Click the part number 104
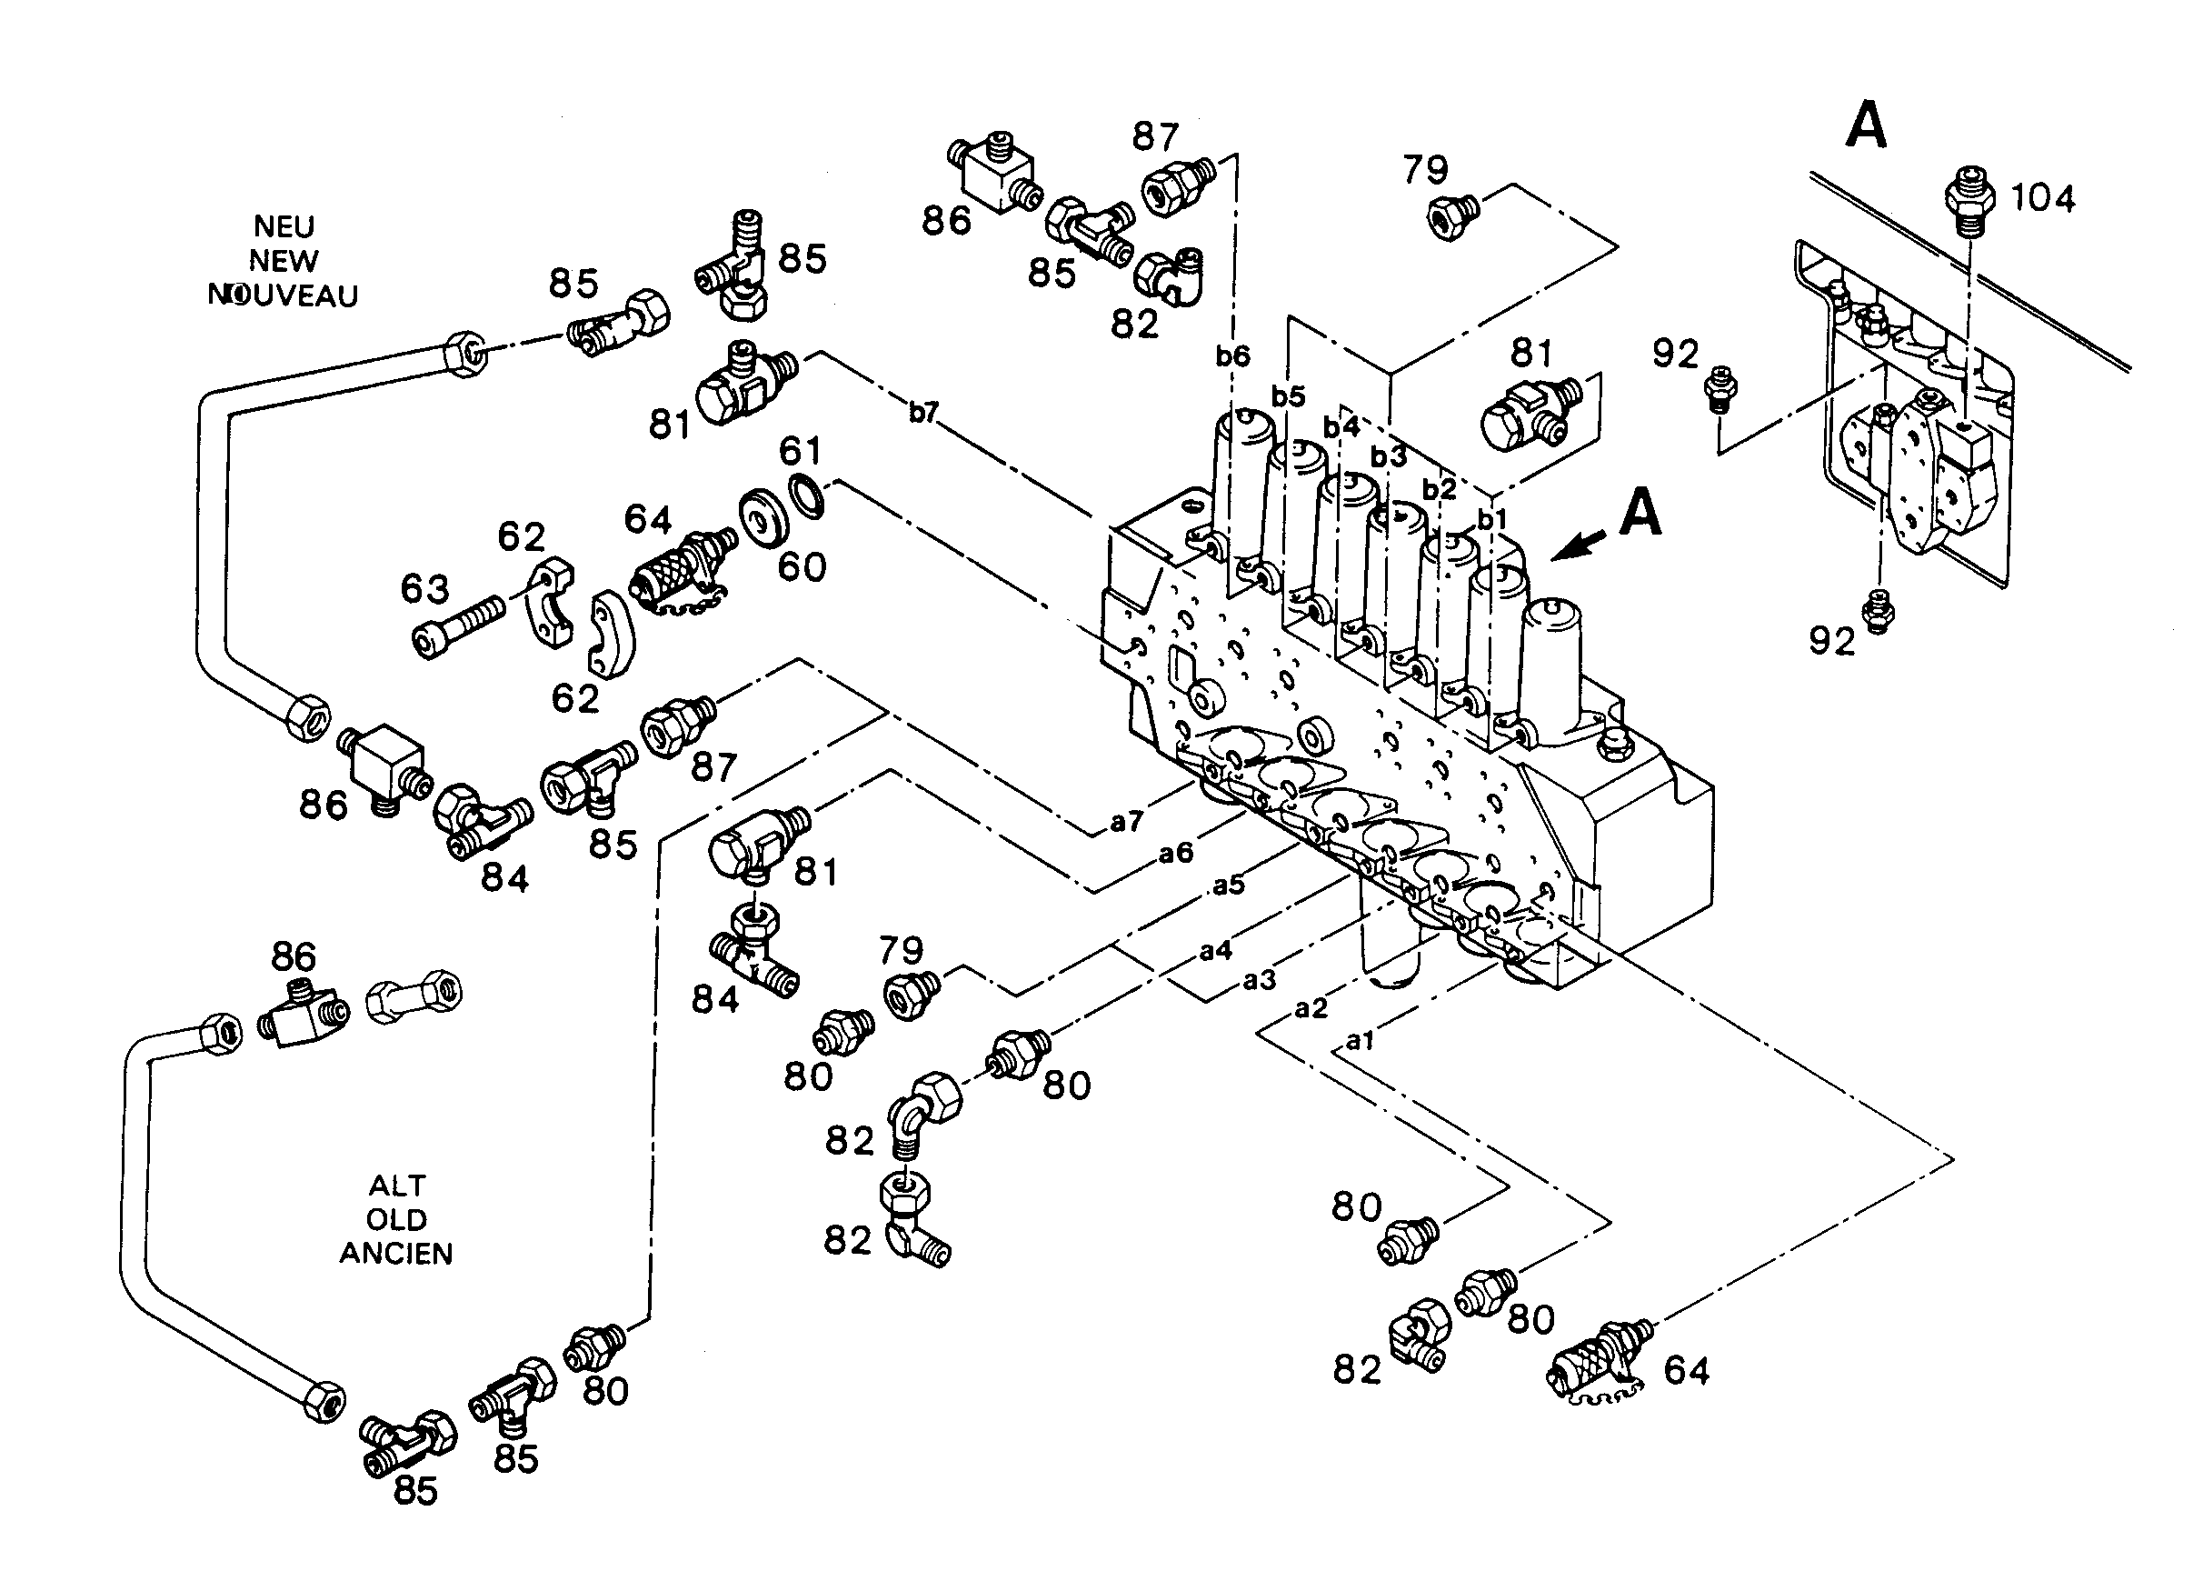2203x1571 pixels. pos(2042,198)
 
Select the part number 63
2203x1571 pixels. pos(425,589)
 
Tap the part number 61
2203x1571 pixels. pos(801,451)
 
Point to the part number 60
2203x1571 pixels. pos(802,567)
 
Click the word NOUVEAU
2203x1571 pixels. pos(284,296)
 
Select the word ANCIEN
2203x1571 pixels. pos(395,1254)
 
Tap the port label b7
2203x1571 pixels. pos(923,413)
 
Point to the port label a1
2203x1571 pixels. pos(1360,1041)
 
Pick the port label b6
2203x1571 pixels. pos(1233,356)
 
